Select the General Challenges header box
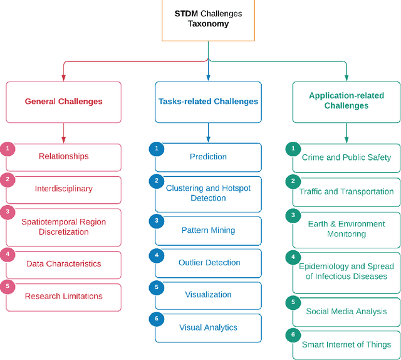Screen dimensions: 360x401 [63, 102]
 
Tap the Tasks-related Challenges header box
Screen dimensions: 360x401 [208, 102]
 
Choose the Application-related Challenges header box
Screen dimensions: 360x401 [346, 102]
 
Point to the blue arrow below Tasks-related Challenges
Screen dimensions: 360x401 [208, 132]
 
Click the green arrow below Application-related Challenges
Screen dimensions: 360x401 [346, 132]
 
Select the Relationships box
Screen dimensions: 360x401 [63, 157]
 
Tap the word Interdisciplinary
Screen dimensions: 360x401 [63, 189]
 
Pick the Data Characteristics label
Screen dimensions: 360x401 [63, 264]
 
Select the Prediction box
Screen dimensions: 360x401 [208, 157]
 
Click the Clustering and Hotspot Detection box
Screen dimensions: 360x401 [208, 193]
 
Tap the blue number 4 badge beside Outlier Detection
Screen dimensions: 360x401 [156, 255]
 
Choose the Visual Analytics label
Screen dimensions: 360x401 [208, 327]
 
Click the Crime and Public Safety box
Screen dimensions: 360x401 [346, 157]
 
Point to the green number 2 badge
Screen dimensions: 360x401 [293, 182]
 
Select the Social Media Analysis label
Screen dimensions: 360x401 [346, 312]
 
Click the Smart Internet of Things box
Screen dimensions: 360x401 [346, 344]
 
